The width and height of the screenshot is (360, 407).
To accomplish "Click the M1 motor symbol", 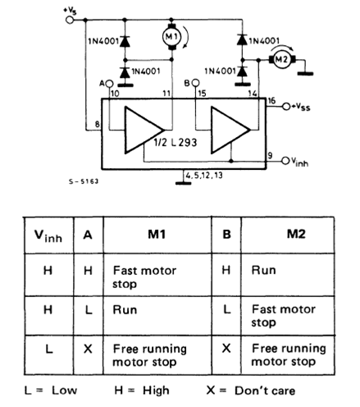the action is (x=171, y=36).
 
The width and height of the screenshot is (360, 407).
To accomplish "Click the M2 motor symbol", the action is (x=282, y=59).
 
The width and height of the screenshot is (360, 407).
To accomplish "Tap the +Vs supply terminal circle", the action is (x=70, y=20).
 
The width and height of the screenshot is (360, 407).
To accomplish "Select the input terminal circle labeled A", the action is (x=109, y=83).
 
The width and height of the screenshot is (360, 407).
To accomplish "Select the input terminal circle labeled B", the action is (x=195, y=83).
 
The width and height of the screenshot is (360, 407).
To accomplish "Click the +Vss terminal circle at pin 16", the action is (x=286, y=107).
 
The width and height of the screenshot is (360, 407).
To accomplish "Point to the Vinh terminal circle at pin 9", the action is (x=285, y=161).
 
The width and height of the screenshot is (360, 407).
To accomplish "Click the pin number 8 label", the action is (x=97, y=124).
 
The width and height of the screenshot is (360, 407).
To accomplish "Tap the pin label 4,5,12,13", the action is (x=204, y=175).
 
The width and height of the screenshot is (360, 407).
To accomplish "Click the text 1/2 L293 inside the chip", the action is (x=175, y=142).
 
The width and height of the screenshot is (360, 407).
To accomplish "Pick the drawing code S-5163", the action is (x=84, y=181).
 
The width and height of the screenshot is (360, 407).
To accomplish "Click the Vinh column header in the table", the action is (x=48, y=236).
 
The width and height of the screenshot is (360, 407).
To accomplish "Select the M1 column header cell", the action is (x=157, y=235).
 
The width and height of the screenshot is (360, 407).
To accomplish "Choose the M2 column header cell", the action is (x=296, y=234).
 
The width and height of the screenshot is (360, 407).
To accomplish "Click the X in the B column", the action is (x=226, y=349).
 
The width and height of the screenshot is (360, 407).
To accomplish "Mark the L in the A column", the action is (x=89, y=310).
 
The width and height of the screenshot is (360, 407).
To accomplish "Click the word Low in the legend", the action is (x=65, y=391).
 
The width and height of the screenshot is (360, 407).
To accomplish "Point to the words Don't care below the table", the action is (x=265, y=391).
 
